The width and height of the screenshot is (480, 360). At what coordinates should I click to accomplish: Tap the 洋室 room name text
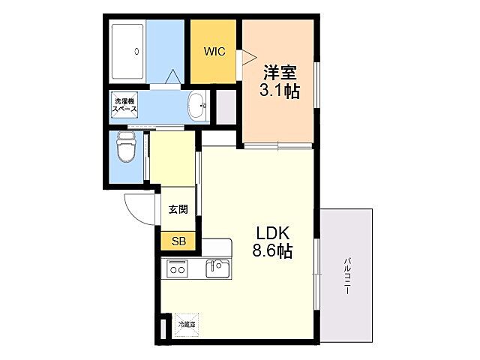coord(279,73)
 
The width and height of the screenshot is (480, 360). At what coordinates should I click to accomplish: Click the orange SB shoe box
coord(178,241)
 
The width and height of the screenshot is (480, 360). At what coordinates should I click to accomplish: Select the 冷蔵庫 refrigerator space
coord(186,324)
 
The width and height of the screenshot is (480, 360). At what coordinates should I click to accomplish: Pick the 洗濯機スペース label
coord(124,105)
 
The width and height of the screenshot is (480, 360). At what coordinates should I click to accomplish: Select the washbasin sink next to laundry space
coord(197,105)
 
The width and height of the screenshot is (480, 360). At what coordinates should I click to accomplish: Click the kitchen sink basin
coord(217,267)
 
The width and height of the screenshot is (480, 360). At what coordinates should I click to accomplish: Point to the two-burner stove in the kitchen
coord(177,268)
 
